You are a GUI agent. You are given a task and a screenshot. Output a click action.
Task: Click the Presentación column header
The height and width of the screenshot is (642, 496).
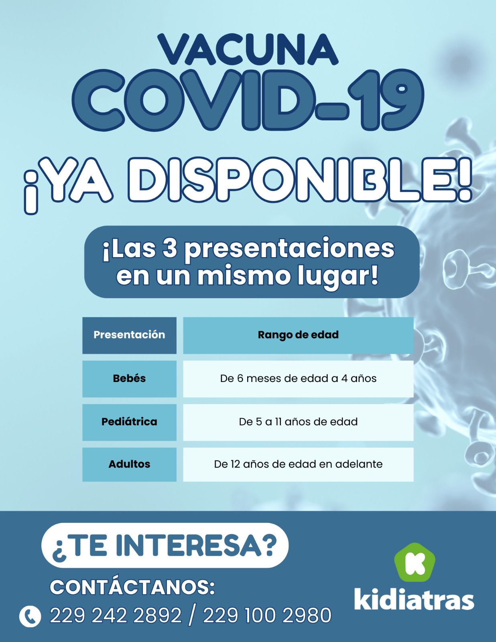coord(129,335)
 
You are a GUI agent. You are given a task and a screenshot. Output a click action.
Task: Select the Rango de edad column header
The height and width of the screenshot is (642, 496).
coord(298,335)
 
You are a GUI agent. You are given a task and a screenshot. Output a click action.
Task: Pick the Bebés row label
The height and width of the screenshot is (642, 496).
coord(129,378)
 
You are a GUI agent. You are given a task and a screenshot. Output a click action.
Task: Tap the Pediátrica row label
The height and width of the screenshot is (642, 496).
coord(129,422)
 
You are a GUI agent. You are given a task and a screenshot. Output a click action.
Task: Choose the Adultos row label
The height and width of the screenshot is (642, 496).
coord(129,464)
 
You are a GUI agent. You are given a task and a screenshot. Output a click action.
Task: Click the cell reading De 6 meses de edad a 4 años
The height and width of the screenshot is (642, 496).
coord(298,378)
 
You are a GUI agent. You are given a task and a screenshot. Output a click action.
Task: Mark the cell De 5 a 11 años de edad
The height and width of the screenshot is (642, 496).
coord(298,422)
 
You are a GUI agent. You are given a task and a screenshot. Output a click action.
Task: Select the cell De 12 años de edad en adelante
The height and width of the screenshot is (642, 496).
coord(298,464)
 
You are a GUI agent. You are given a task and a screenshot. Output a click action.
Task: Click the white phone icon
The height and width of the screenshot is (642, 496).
coord(30,617)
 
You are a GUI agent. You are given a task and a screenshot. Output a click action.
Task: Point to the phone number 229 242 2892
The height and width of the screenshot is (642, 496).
coord(116,616)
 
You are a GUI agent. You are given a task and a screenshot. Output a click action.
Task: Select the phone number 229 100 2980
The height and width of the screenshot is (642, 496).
coord(267,616)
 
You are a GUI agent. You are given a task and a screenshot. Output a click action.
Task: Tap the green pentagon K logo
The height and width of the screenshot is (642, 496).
coord(415,562)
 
